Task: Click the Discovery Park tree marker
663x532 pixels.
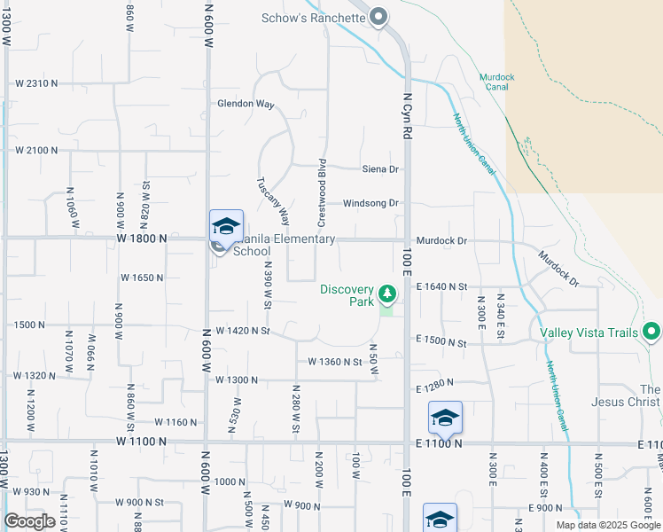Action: point(386,293)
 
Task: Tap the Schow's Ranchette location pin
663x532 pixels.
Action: point(378,18)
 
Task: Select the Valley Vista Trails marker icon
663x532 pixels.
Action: point(651,332)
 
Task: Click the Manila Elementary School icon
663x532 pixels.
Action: point(226,228)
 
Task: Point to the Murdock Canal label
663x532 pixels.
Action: point(497,82)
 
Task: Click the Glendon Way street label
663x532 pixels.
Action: point(246,104)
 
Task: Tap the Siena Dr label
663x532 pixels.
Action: point(382,168)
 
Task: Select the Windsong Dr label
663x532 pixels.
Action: point(370,203)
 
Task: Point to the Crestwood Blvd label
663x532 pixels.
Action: point(324,191)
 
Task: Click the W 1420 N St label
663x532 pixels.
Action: point(242,332)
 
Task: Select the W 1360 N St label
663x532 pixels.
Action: point(335,362)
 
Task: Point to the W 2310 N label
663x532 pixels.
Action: point(36,83)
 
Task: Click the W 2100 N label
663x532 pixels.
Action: point(36,151)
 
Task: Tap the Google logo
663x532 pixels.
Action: point(29,521)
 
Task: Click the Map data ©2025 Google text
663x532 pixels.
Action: point(608,525)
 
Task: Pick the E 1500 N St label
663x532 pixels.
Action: point(441,342)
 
